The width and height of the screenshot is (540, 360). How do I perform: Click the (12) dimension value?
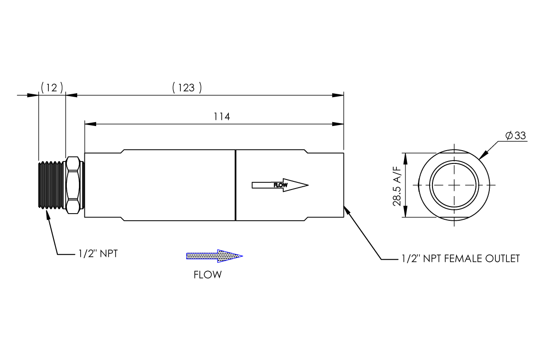52,88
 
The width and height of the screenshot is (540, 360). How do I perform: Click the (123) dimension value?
187,88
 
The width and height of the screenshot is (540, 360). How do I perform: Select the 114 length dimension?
221,117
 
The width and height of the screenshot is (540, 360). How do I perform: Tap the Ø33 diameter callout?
515,136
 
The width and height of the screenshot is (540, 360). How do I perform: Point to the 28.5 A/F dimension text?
397,185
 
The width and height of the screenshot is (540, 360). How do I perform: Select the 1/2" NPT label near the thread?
98,253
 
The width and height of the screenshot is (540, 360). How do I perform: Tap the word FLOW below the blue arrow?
207,275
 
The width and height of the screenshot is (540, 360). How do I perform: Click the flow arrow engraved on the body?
280,185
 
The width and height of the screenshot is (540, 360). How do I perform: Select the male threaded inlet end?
51,185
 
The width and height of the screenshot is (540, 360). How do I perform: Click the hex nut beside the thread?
74,185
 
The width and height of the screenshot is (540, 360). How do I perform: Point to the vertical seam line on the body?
235,185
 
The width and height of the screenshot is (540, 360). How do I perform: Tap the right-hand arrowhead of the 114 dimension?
338,124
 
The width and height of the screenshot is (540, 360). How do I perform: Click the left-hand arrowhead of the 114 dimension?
90,124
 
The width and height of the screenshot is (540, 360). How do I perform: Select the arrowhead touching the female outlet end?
347,209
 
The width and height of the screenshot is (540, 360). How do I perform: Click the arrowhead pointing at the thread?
47,214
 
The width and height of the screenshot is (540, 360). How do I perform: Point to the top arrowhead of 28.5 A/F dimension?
404,156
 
